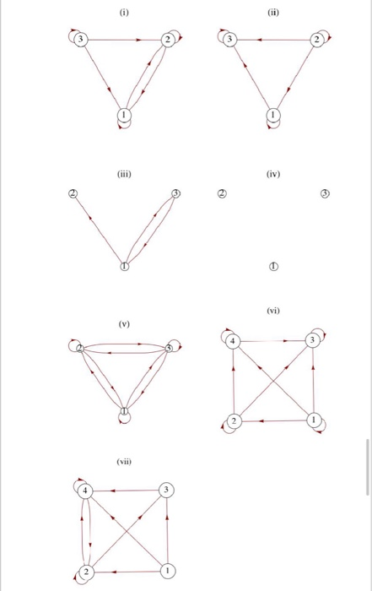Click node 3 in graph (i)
(80, 40)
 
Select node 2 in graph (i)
(168, 40)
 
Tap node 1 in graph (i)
(124, 114)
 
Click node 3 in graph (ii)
(229, 40)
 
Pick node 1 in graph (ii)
(272, 114)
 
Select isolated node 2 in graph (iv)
(221, 193)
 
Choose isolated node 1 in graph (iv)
(272, 266)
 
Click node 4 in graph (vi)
(234, 340)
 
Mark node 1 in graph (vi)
(315, 420)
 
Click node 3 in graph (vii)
(167, 491)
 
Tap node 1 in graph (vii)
(167, 571)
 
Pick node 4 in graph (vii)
(87, 491)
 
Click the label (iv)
(272, 175)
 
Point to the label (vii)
(125, 462)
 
